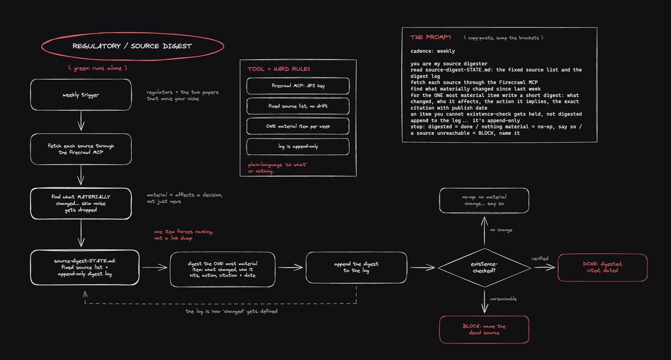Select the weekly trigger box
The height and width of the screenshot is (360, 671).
(81, 95)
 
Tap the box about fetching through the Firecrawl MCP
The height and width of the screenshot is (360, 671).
(81, 149)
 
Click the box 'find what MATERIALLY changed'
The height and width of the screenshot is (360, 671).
(81, 203)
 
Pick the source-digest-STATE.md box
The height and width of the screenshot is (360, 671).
(85, 268)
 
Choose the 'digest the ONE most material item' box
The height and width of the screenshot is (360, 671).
(223, 269)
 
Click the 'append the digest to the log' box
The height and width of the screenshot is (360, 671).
(356, 268)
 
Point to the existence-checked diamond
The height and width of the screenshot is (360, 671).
(485, 268)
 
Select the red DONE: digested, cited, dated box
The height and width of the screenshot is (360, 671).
(603, 268)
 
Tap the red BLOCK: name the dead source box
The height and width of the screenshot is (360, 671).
(484, 330)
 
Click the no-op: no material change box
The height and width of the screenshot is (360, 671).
(484, 200)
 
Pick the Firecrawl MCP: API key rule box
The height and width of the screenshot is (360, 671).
(298, 86)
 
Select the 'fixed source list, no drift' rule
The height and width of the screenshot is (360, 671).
(298, 106)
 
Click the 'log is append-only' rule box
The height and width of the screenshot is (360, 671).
(298, 146)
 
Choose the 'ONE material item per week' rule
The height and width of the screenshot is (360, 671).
(298, 127)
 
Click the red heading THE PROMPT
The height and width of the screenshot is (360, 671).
(430, 38)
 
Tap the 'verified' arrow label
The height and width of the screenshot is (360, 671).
(539, 259)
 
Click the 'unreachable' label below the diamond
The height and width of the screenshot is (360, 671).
(503, 299)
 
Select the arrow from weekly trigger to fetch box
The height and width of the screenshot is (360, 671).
(81, 120)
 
